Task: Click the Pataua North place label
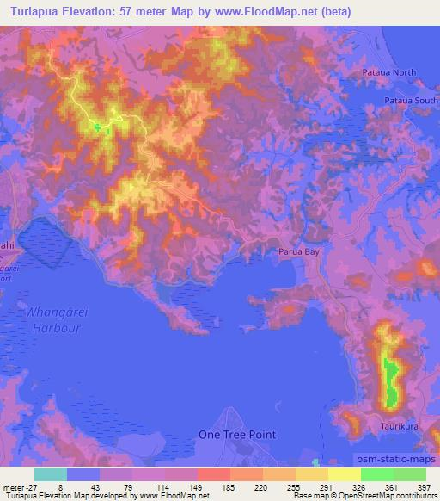(388, 73)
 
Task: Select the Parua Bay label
(298, 252)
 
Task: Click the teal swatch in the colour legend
(51, 473)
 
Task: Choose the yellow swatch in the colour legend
(345, 473)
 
